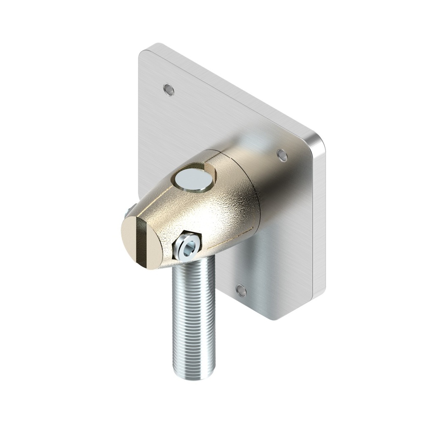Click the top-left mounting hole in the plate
pos(169,89)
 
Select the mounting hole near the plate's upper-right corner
pos(282,155)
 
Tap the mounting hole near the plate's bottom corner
pos(241,291)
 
